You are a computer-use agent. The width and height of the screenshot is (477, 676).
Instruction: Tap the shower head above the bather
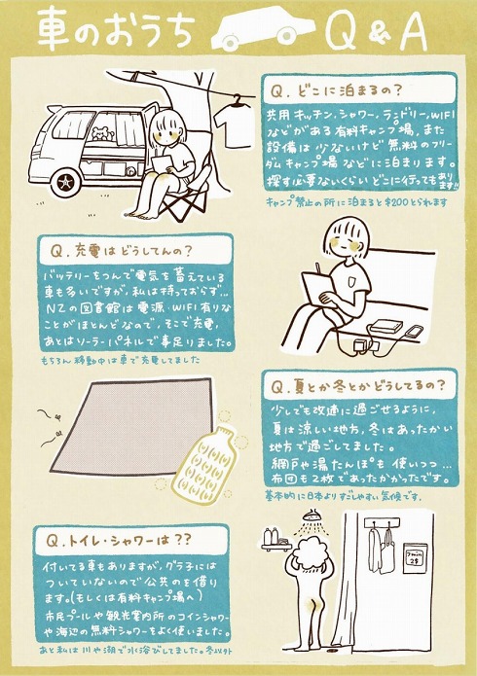[x=312, y=516]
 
